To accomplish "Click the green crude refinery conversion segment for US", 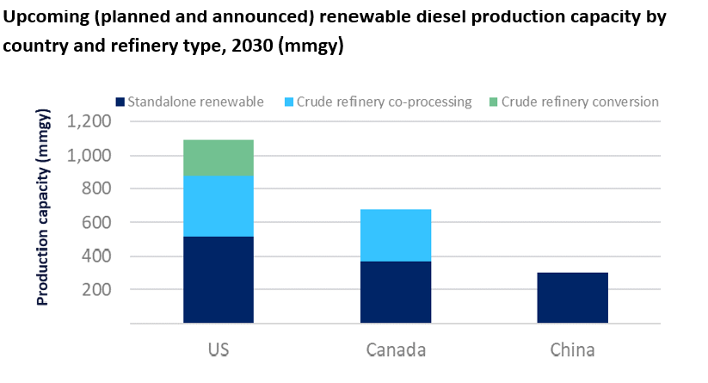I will [219, 158].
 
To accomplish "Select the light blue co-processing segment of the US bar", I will [219, 206].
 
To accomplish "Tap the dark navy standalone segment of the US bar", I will [219, 280].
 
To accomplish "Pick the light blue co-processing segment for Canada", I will [395, 235].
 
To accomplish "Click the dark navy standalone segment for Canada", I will [395, 292].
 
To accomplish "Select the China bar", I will [572, 298].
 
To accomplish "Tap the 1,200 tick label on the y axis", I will [89, 121].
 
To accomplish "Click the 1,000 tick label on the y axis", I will [89, 156].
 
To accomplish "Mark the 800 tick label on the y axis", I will [95, 189].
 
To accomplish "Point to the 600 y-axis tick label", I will [95, 223].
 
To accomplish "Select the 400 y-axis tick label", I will [95, 256].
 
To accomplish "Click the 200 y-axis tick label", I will [95, 290].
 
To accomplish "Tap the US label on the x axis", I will [219, 350].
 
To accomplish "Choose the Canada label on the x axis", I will [395, 350].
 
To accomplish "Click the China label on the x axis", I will [572, 350].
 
